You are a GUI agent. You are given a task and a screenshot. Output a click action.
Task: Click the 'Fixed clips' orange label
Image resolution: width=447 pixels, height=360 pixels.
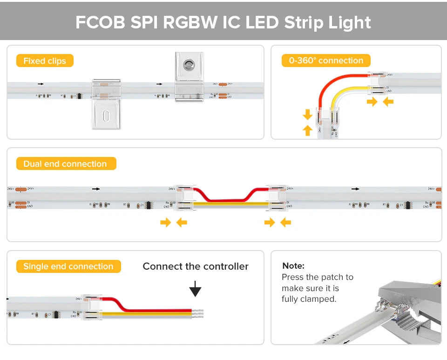45,61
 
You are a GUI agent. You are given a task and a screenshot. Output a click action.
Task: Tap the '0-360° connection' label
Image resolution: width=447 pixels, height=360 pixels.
326,61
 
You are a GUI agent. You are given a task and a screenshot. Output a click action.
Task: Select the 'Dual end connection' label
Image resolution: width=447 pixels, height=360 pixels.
65,164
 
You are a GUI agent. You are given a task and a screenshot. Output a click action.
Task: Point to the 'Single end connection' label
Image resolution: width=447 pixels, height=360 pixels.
68,266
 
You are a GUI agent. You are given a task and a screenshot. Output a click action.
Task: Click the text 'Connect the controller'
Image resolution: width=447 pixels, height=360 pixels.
196,266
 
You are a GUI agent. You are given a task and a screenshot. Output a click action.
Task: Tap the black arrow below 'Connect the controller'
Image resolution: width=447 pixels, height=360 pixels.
196,290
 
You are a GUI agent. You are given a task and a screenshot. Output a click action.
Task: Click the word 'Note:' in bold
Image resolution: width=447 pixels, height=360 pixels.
293,266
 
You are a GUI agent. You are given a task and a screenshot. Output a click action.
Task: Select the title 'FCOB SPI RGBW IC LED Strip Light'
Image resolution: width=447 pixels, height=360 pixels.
223,22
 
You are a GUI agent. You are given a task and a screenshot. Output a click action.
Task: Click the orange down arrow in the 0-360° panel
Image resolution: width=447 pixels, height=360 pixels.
307,114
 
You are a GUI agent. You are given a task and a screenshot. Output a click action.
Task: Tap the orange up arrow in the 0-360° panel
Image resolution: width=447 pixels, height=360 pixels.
307,130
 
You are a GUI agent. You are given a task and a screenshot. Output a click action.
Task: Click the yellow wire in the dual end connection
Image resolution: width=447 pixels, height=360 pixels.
230,204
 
